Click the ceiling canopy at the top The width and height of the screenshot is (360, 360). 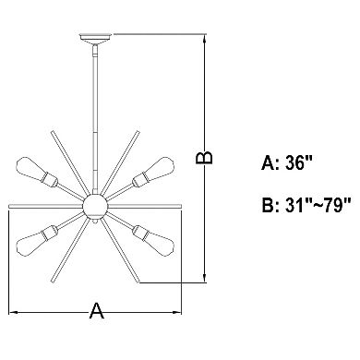pos(95,39)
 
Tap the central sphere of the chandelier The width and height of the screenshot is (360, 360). pos(95,206)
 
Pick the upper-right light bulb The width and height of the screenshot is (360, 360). pos(159,170)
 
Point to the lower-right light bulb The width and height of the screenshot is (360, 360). pos(159,243)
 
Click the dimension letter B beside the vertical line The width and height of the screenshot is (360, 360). pos(204,158)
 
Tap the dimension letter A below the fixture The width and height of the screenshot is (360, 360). pos(97,311)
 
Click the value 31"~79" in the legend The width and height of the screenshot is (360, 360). pos(318,205)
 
